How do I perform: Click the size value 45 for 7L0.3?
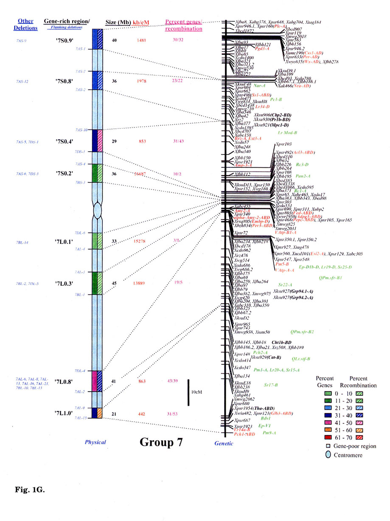(x=114, y=283)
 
